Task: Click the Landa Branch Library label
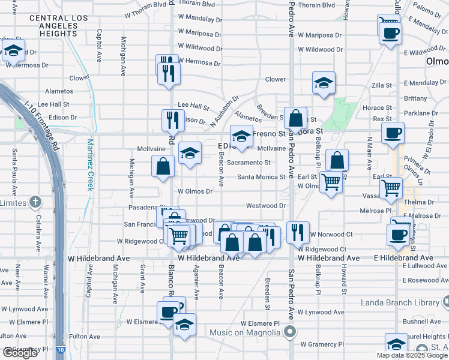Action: [400, 302]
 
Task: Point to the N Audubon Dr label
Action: [224, 112]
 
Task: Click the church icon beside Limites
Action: [36, 202]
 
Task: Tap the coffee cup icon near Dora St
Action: [393, 133]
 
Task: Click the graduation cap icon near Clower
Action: [324, 83]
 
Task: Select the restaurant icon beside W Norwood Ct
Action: [298, 231]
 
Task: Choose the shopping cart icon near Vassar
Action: [391, 187]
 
